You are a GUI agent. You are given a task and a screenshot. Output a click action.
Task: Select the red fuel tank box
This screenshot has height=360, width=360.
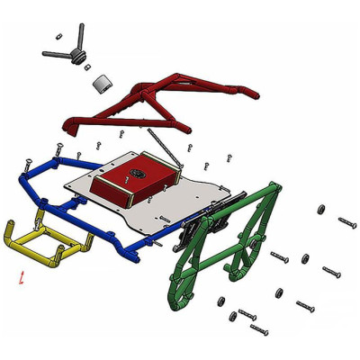click(x=135, y=180)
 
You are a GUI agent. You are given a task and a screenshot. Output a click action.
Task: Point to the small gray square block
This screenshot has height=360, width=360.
click(x=103, y=85)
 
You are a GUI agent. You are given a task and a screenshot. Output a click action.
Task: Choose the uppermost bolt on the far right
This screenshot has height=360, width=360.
click(x=347, y=221)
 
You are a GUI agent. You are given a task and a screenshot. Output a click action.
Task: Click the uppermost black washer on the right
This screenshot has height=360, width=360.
click(x=320, y=210)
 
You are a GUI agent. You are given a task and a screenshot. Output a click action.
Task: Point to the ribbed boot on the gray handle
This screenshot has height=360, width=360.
click(x=81, y=58)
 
